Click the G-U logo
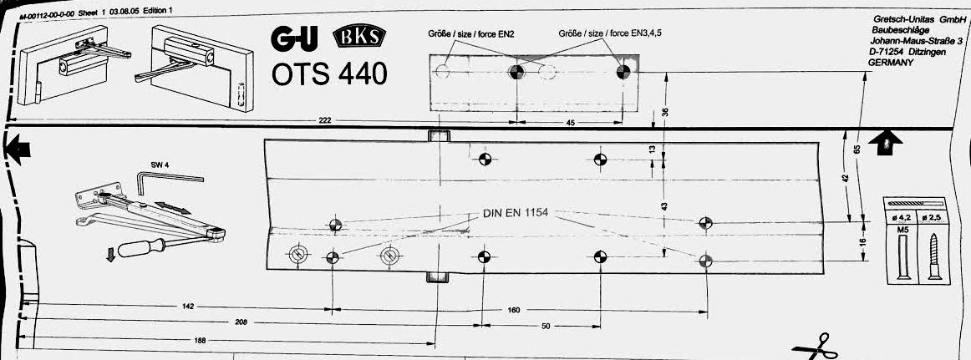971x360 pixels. click(x=294, y=39)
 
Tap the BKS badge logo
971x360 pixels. click(x=358, y=38)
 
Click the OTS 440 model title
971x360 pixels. click(x=329, y=74)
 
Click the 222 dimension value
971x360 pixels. click(x=324, y=120)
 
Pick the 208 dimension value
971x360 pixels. click(x=241, y=322)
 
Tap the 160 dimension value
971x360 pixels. click(x=513, y=310)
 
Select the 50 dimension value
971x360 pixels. click(x=546, y=326)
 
